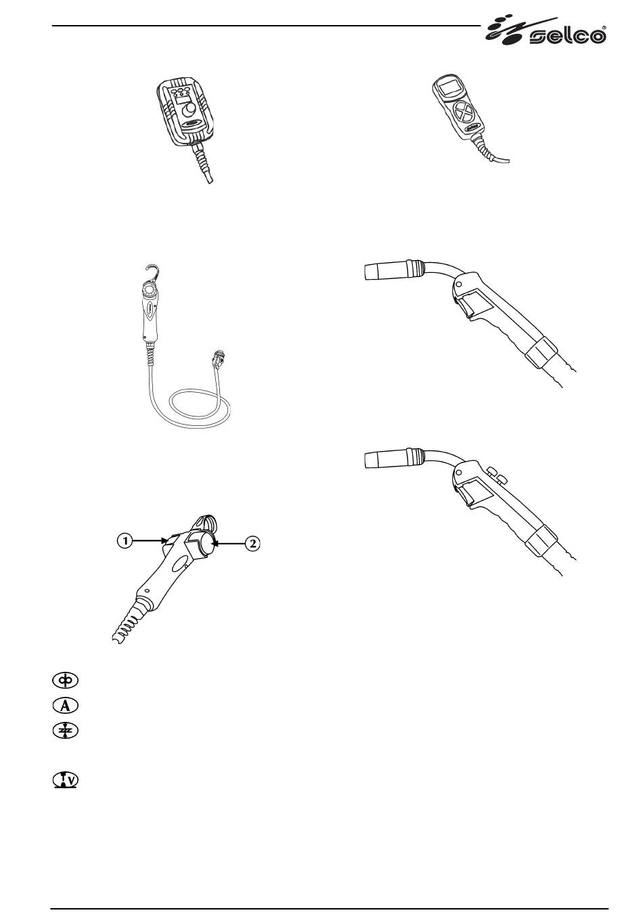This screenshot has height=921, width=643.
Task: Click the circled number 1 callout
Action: click(x=123, y=540)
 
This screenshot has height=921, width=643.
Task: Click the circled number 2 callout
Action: click(x=251, y=543)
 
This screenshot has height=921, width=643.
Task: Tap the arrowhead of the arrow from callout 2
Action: click(x=213, y=542)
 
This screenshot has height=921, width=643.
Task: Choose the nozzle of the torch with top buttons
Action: click(x=384, y=459)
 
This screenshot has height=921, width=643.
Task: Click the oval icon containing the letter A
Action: click(x=66, y=704)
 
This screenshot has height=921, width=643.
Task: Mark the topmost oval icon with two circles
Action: click(x=66, y=679)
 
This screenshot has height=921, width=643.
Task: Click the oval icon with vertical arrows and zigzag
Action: click(x=66, y=730)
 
